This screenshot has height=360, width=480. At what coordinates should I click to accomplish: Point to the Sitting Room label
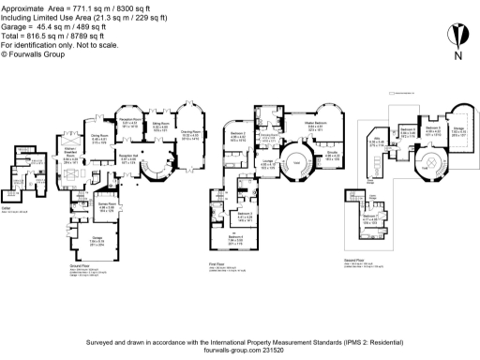[160, 127]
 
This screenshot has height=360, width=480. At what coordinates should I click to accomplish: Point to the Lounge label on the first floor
[267, 161]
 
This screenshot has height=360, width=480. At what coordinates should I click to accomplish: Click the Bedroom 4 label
[243, 238]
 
